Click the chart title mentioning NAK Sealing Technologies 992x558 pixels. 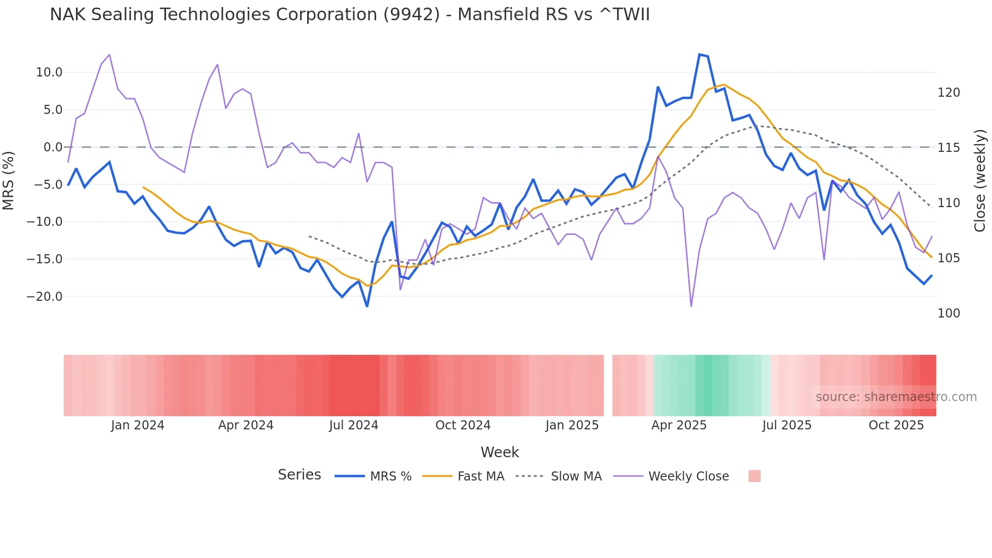(349, 15)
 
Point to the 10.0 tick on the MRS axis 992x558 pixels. (49, 72)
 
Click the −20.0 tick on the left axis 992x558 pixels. (45, 297)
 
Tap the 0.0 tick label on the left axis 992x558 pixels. (53, 147)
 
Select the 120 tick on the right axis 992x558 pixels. (948, 93)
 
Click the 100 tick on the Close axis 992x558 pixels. (948, 313)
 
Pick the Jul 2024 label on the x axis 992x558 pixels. (353, 425)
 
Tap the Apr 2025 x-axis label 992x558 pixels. (679, 425)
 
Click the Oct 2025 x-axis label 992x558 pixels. (896, 425)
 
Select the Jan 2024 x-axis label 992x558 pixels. (138, 425)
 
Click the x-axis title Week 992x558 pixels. (500, 452)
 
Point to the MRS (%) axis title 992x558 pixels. (9, 180)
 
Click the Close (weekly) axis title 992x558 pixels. (980, 180)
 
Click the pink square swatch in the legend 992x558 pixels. (754, 476)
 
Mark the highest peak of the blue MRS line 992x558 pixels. (699, 55)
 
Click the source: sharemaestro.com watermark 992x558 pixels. (896, 397)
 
